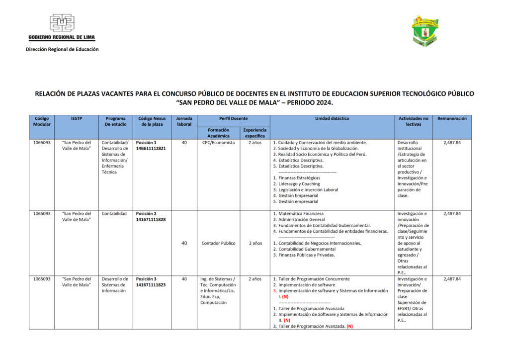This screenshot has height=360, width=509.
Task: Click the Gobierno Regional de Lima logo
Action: tap(62, 27)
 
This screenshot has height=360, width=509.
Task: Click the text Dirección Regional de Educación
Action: tap(62, 49)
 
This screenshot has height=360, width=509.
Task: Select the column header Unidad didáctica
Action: tap(332, 119)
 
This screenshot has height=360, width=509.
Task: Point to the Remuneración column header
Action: tap(452, 119)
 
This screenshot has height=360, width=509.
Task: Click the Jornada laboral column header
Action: tap(184, 121)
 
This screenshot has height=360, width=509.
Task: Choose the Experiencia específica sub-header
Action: tap(254, 133)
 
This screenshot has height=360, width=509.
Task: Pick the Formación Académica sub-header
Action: tap(218, 133)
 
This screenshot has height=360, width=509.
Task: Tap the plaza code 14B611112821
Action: tap(151, 148)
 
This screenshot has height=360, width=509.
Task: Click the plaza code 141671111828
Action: tap(151, 219)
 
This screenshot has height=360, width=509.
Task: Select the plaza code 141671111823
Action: tap(151, 285)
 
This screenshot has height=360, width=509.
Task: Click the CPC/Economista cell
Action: tap(218, 142)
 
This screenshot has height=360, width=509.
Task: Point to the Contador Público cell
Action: tap(218, 243)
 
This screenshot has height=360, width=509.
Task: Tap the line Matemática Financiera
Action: tap(301, 213)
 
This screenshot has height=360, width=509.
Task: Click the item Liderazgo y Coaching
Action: tap(299, 183)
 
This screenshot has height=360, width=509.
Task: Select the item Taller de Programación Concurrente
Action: tap(314, 279)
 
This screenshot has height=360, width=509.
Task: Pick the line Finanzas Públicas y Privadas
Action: tap(307, 255)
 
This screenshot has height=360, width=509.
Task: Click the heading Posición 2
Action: tap(146, 213)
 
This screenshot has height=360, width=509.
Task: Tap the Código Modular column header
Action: tap(42, 121)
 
